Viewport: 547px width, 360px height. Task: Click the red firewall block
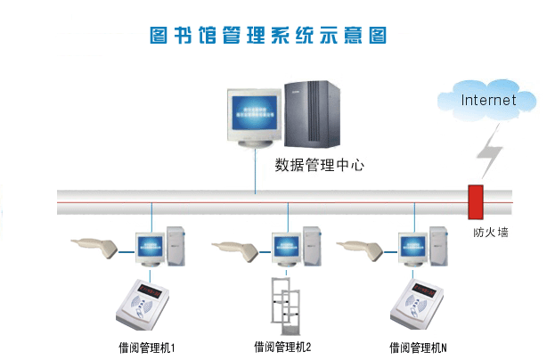476,202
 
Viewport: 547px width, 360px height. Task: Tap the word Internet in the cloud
488,100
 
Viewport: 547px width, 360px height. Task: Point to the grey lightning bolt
490,151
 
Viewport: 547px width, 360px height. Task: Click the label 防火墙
491,232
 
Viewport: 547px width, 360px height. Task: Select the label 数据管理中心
319,165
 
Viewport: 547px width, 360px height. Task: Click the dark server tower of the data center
312,114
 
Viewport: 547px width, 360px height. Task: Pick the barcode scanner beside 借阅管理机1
94,248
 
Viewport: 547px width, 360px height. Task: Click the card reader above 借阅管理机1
143,305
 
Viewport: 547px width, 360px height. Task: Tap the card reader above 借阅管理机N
417,305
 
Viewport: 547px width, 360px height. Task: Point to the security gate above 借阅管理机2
285,307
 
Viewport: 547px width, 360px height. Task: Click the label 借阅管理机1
146,348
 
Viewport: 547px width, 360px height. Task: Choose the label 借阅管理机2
282,348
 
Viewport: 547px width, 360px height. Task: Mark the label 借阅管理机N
418,348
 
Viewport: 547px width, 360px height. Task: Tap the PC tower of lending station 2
312,246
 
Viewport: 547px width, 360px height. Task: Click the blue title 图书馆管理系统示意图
268,36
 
